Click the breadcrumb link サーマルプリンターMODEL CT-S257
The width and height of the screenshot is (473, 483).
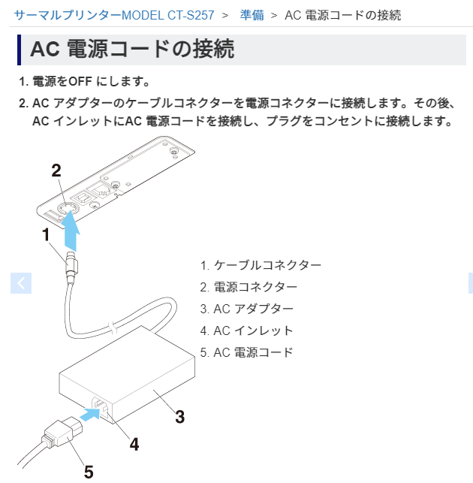[114, 15]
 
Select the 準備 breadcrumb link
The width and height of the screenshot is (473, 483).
[252, 15]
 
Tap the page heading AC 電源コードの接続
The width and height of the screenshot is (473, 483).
[132, 49]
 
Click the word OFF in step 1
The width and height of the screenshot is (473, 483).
[80, 82]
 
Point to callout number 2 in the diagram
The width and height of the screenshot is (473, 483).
[56, 171]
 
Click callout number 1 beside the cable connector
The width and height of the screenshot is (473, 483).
[46, 234]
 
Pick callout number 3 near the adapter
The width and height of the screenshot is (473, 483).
[180, 417]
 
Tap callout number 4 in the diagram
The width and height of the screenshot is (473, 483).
[134, 445]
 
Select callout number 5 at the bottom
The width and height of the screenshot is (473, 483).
[89, 472]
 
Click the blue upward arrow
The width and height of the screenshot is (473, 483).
[71, 231]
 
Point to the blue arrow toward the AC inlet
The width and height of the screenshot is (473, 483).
[90, 414]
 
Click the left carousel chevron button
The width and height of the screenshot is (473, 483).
[21, 283]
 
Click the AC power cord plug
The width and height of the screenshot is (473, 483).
[62, 433]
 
